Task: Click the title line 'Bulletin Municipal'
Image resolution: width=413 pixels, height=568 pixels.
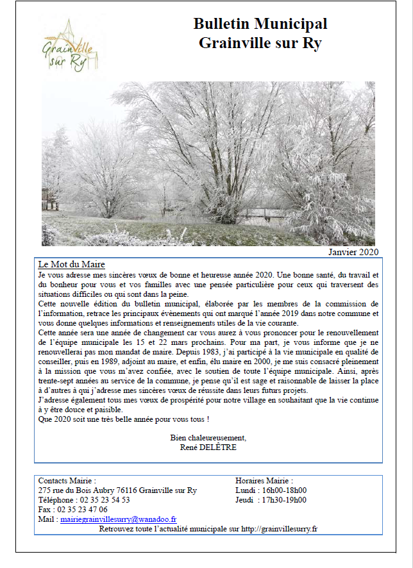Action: pos(260,24)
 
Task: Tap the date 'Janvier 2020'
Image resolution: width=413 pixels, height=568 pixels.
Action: pos(353,251)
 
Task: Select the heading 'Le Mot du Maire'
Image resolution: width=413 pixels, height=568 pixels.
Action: pos(72,264)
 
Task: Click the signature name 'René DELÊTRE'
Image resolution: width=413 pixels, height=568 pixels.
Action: pos(208,447)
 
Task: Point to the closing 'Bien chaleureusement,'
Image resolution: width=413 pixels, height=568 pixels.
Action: pos(208,438)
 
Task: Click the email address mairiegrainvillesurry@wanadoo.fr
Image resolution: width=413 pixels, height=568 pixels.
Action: pos(119,519)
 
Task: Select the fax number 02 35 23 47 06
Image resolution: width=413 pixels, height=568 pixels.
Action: pos(81,510)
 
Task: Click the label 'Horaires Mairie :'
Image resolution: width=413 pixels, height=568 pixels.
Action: pos(264,481)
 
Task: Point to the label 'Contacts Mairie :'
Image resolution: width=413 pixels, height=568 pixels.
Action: pos(67,481)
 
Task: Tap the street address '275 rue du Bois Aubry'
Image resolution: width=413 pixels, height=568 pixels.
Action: pos(78,490)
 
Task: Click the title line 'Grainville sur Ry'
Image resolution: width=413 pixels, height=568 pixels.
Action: pos(260,43)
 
